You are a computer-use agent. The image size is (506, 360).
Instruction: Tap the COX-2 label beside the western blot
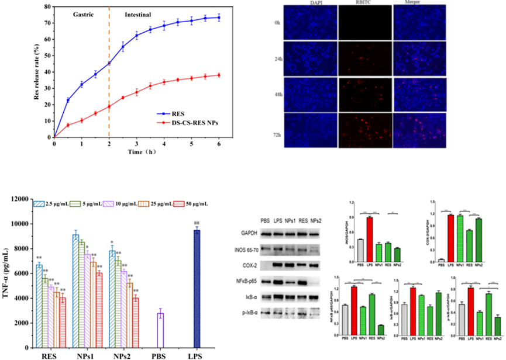coord(249,265)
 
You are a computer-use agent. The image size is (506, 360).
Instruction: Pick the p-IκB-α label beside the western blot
coord(248,314)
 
